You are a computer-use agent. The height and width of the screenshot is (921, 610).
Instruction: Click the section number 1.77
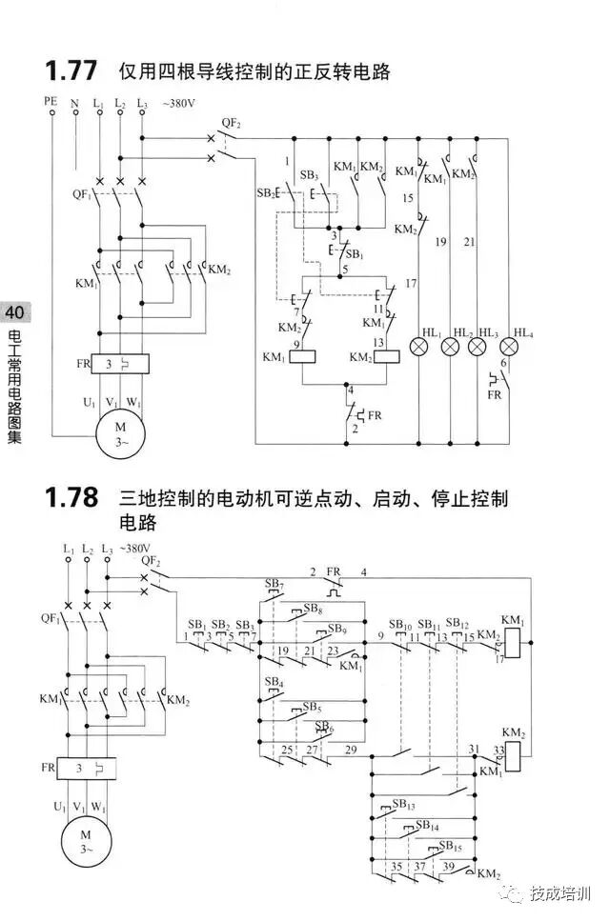point(71,70)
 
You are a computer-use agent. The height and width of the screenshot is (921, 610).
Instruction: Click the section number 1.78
point(71,498)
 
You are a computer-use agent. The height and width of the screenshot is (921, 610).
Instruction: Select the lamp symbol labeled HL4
point(503,345)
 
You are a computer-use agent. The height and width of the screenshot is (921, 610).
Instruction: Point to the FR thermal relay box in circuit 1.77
point(120,365)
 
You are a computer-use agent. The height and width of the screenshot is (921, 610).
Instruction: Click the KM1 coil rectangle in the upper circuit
point(302,357)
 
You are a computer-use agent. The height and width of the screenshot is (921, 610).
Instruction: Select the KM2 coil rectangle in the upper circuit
point(386,357)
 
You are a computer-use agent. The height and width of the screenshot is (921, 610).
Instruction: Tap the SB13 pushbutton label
point(403,805)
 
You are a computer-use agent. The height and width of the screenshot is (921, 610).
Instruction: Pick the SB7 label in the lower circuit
point(274,583)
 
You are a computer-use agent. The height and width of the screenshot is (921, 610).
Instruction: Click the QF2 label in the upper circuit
point(231,123)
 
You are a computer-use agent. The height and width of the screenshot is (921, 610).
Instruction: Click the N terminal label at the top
point(75,101)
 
